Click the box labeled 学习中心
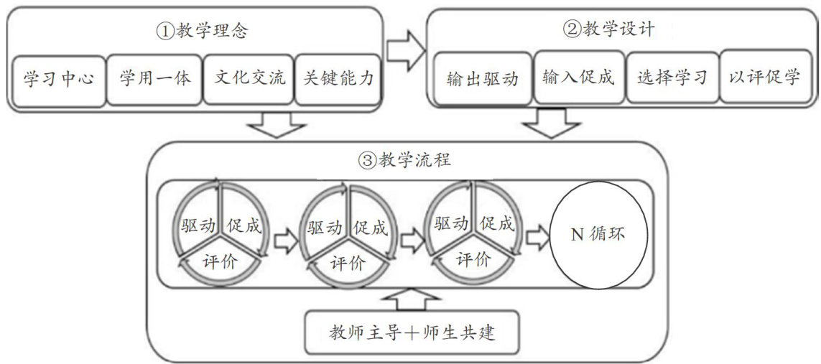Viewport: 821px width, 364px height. click(59, 80)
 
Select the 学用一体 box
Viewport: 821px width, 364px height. click(154, 80)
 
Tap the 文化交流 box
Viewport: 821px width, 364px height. click(249, 79)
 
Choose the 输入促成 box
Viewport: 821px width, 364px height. click(579, 78)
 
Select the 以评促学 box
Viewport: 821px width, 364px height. click(764, 78)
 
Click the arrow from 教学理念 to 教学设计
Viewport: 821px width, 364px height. click(404, 50)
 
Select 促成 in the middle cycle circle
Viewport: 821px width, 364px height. click(370, 228)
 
